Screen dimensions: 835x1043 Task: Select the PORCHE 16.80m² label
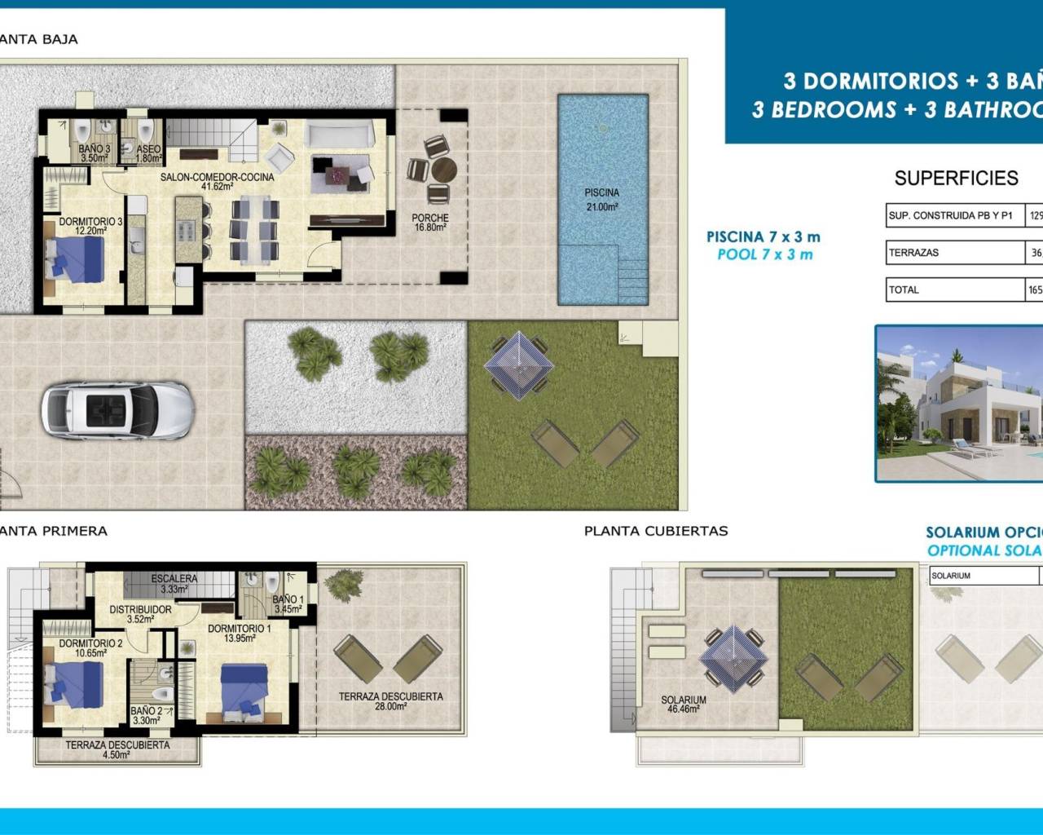[x=430, y=223]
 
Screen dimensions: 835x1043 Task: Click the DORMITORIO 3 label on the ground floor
[x=90, y=226]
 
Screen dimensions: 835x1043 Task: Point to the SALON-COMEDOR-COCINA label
[x=217, y=181]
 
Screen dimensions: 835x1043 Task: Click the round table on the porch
[x=444, y=170]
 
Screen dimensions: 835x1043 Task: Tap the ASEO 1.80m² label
[x=147, y=154]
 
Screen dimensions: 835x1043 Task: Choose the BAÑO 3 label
[x=95, y=154]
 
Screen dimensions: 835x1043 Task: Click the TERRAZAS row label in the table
[x=913, y=253]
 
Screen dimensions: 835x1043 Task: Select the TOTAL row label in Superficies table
[x=904, y=289]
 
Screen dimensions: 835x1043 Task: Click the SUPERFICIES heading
[x=956, y=178]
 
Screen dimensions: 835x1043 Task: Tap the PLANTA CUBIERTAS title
[x=656, y=531]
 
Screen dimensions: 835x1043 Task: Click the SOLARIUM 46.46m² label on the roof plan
[x=683, y=705]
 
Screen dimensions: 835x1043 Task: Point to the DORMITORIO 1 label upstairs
[x=239, y=633]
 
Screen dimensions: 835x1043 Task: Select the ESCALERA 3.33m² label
[x=174, y=584]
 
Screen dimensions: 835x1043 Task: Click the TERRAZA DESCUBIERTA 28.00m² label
[x=390, y=701]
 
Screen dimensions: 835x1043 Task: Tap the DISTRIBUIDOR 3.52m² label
[x=140, y=614]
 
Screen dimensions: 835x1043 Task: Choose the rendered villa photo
[x=958, y=404]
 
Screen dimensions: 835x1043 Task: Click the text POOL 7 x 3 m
[x=764, y=254]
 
